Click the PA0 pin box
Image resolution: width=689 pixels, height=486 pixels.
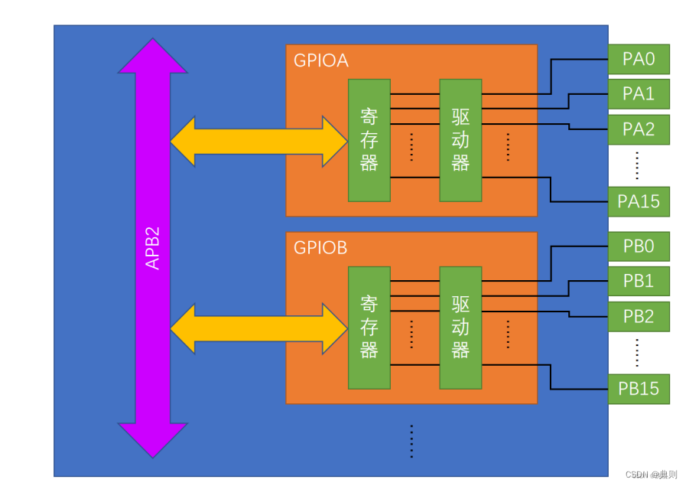click(x=639, y=59)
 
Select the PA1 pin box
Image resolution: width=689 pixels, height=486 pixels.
click(x=639, y=94)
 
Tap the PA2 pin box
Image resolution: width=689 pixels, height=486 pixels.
click(x=639, y=129)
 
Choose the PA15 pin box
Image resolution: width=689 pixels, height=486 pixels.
click(x=639, y=202)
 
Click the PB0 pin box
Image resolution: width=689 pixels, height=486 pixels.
click(x=639, y=246)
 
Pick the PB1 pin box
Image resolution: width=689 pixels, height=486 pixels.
click(x=639, y=281)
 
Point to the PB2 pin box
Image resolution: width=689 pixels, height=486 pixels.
click(x=639, y=316)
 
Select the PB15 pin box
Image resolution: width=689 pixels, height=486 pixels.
click(x=639, y=389)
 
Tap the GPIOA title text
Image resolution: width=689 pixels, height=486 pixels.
click(x=320, y=60)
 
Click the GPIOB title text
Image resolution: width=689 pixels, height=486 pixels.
click(x=320, y=248)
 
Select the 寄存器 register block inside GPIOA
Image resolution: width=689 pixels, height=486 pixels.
click(x=369, y=140)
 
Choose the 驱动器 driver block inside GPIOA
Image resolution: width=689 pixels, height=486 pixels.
click(x=460, y=140)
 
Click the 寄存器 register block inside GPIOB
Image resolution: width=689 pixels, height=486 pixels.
click(x=369, y=328)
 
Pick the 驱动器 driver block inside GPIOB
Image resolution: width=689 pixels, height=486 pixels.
click(x=460, y=328)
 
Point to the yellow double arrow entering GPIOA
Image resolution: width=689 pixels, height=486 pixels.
click(x=258, y=141)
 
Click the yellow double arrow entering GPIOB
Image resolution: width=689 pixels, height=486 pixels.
click(x=258, y=328)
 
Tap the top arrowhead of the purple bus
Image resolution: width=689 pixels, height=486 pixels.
click(x=153, y=57)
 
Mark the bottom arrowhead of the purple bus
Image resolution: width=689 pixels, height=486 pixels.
click(x=153, y=440)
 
